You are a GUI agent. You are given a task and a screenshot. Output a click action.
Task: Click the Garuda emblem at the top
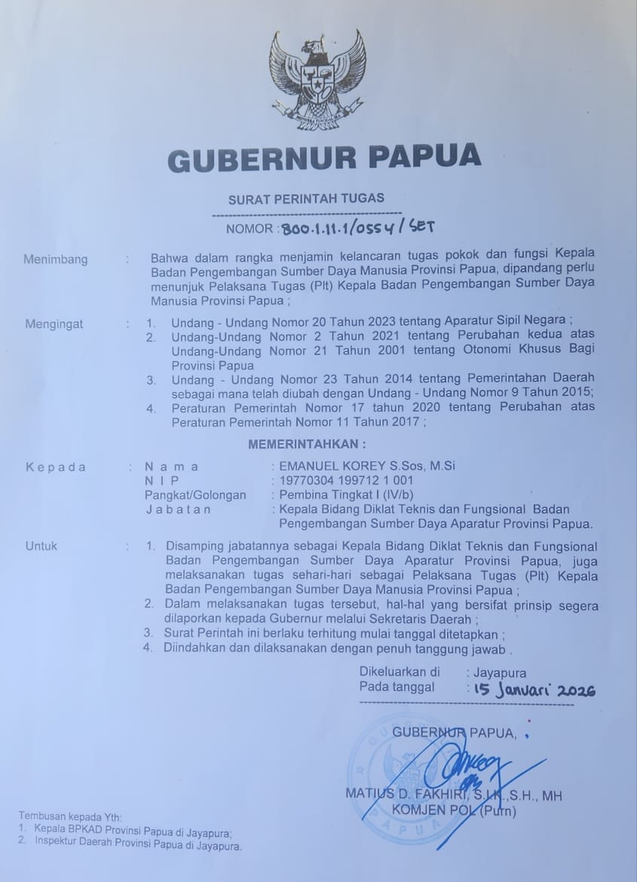pos(317,79)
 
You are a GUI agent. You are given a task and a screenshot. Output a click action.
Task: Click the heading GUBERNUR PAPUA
pos(323,158)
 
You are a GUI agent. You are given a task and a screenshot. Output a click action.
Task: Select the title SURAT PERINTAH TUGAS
pos(306,198)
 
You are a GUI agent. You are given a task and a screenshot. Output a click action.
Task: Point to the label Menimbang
pos(55,259)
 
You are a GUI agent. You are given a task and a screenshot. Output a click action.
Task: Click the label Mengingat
pos(54,324)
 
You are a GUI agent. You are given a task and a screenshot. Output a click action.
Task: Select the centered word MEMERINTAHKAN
pos(307,445)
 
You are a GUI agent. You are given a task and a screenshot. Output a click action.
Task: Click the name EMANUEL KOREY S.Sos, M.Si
pos(367,467)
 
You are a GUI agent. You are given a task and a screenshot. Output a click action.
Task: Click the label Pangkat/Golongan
pos(195,495)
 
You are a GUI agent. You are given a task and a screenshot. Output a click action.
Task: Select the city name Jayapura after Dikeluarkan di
pos(499,672)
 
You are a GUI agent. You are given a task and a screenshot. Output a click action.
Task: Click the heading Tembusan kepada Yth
pos(69,817)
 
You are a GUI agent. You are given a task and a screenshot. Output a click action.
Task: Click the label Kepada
pos(56,467)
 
